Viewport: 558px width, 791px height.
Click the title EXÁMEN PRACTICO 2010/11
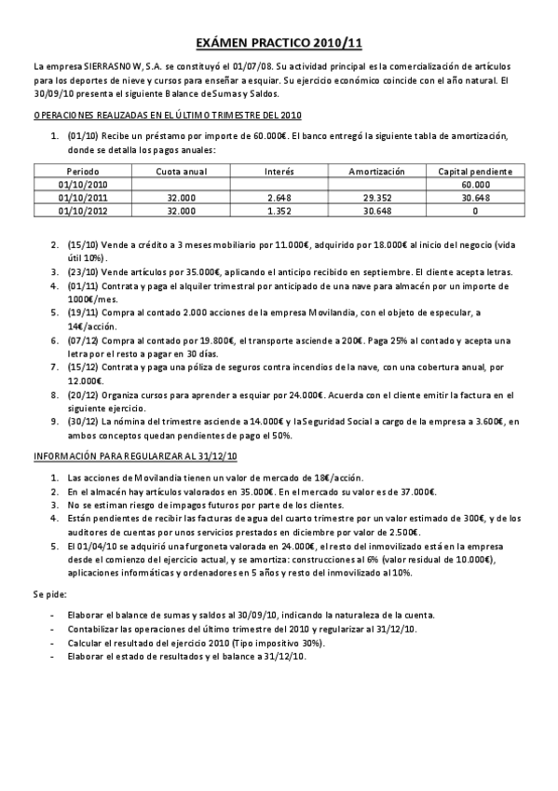coord(279,44)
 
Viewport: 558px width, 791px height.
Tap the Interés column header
coord(279,173)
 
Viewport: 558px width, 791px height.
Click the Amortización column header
coord(376,173)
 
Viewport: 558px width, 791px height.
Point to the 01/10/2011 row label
coord(83,198)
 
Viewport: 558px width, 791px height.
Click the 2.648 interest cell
coord(279,198)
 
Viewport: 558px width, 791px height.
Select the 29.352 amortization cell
coord(376,198)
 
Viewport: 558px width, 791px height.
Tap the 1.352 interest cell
coord(279,211)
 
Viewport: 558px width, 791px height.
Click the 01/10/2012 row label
coord(83,211)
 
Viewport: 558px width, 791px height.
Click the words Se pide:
coord(50,594)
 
